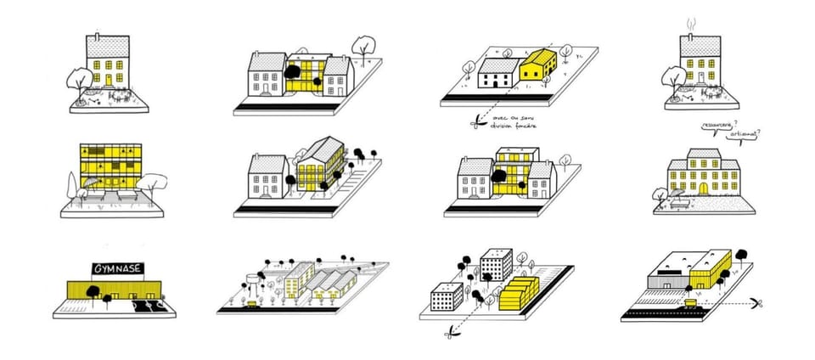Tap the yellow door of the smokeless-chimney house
tap(108, 80)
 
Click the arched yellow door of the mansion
tap(701, 185)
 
